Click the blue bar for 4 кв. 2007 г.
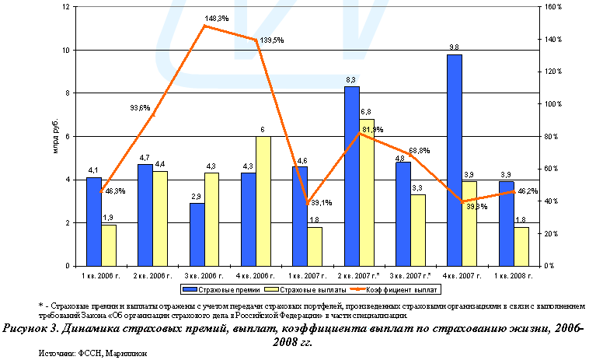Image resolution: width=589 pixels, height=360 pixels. point(455,160)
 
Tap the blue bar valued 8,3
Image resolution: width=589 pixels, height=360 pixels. point(351,176)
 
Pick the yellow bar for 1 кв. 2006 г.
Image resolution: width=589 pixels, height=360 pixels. point(109,245)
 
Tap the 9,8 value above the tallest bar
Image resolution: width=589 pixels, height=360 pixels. point(455,48)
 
